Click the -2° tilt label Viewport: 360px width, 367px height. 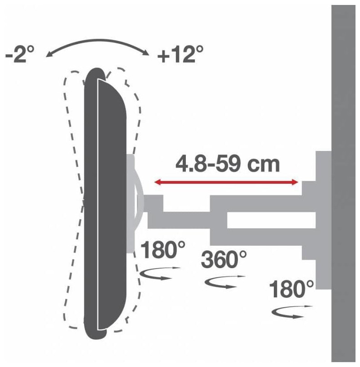[x=20, y=54]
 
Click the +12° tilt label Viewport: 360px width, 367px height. [x=180, y=55]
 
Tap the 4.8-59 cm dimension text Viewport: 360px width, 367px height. [x=228, y=164]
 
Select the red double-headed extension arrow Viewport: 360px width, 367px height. [x=226, y=182]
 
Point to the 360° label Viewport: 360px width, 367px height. [x=224, y=259]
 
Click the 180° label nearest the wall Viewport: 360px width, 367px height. [x=291, y=289]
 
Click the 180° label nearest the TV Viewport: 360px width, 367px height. [x=163, y=249]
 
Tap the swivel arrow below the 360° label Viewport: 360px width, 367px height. [x=224, y=282]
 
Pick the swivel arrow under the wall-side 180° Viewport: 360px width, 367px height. [x=291, y=313]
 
